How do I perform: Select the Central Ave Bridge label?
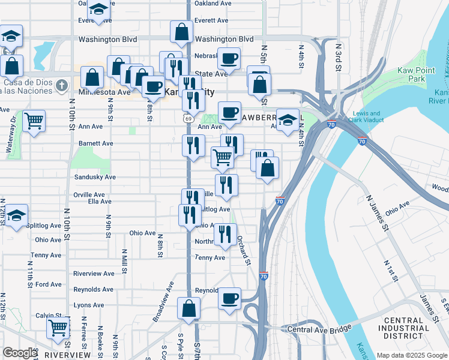[318, 329]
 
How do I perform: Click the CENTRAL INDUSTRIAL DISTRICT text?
[406, 328]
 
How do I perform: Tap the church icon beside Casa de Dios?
[61, 86]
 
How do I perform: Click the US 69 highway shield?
[188, 119]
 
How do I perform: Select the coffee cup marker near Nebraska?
[229, 59]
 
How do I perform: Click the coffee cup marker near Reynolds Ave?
[229, 298]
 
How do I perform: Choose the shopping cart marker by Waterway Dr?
[34, 121]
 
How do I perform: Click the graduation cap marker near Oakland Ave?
[98, 10]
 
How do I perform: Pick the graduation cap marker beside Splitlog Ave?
[17, 215]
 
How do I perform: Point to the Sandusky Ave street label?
[94, 178]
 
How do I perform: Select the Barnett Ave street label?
[96, 144]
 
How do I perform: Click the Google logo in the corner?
[20, 353]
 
